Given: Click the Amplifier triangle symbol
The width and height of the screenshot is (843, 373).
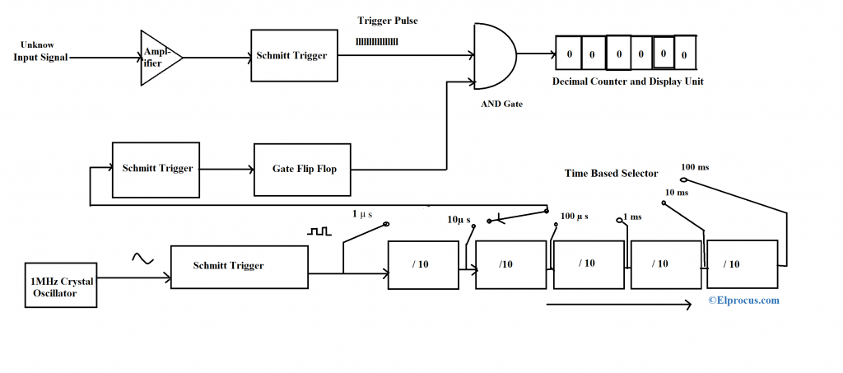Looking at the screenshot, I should point(158,57).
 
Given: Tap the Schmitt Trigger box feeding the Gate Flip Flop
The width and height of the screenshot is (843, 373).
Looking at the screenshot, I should point(157,169).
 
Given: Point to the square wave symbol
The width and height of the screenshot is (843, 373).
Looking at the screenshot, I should point(319,232).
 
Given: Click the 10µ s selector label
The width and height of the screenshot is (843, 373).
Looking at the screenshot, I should point(459,220).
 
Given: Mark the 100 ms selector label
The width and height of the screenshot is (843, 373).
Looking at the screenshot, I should point(695,167).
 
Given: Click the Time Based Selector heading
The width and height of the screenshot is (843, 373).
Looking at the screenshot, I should point(611,173).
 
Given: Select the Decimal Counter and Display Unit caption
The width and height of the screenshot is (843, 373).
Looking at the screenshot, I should point(627,82).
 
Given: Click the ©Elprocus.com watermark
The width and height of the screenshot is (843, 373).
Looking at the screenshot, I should point(744,301).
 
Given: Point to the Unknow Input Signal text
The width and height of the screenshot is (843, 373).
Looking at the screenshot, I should point(40,51).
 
